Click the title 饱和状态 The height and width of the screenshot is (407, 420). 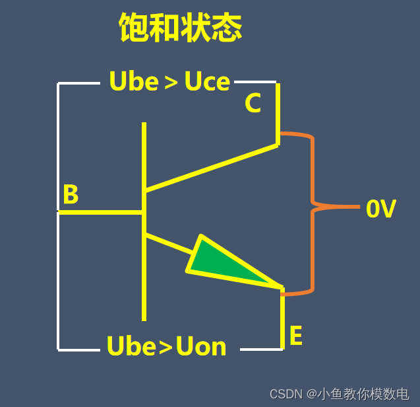(181, 28)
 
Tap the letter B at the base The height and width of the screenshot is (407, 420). (70, 195)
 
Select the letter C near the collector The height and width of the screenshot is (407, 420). (253, 104)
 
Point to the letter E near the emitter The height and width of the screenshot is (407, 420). (295, 336)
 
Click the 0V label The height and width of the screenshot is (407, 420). (380, 209)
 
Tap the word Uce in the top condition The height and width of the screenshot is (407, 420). (207, 82)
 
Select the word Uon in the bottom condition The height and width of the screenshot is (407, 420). (201, 346)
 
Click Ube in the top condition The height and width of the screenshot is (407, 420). (134, 82)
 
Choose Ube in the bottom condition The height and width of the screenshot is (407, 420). (131, 346)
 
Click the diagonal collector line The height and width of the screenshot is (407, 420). (211, 168)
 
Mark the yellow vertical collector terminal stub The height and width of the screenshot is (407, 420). (278, 112)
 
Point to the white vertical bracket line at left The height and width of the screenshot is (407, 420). (58, 277)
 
